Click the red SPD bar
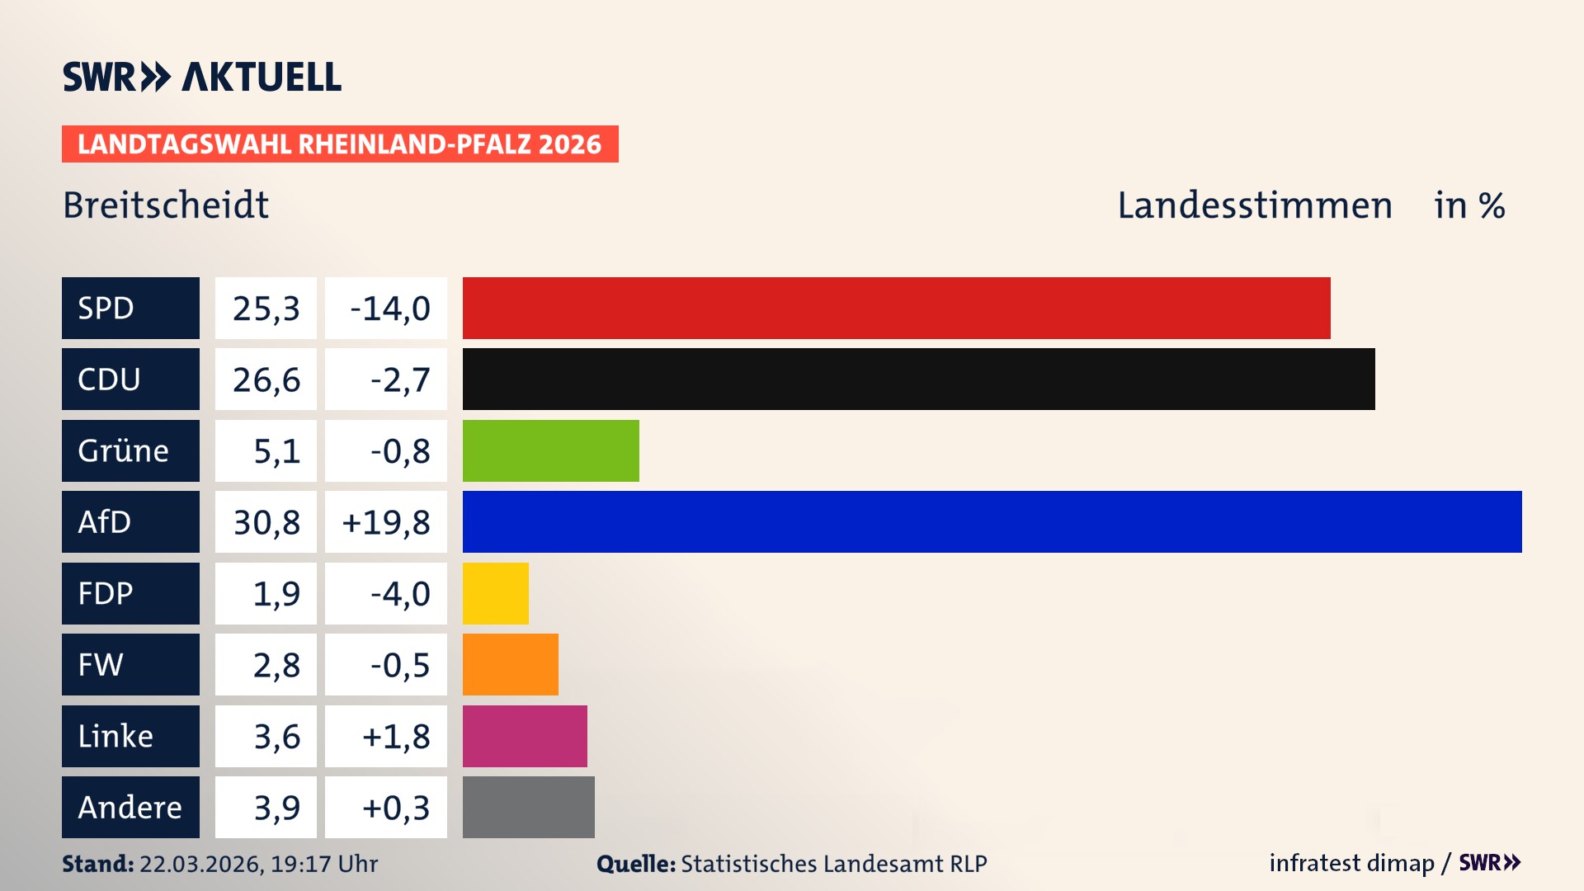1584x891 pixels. click(896, 308)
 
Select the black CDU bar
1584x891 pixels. click(918, 379)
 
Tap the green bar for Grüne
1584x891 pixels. click(550, 450)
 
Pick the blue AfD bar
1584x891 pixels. click(992, 521)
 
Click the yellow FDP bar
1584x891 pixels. click(495, 593)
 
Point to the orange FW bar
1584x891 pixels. click(510, 664)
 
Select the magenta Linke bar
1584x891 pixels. click(525, 736)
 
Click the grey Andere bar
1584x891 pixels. click(528, 807)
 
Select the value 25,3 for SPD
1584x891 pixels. click(266, 308)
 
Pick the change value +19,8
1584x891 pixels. click(386, 521)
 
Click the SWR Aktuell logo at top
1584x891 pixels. click(202, 77)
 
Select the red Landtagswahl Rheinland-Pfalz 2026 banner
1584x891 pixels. click(340, 144)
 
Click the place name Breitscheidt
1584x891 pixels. click(166, 205)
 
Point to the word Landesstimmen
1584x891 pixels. click(1254, 205)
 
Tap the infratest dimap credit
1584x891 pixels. click(1351, 863)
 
